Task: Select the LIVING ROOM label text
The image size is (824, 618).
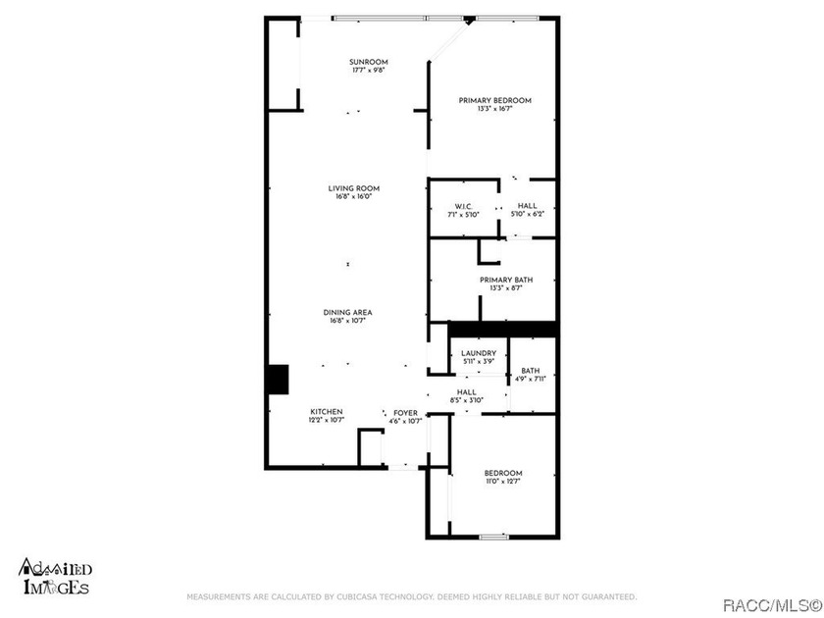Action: click(353, 187)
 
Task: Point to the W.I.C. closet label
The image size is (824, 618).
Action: click(464, 206)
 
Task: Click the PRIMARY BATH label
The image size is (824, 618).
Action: click(506, 280)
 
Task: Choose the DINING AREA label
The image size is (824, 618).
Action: click(348, 312)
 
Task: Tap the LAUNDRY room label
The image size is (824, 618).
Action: click(479, 353)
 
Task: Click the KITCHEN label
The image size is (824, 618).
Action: click(327, 412)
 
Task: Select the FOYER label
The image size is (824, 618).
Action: click(405, 413)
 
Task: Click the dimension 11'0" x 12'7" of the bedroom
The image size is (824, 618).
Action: click(503, 482)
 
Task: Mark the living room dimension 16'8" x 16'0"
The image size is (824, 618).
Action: click(353, 196)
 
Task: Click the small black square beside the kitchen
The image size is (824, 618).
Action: click(278, 380)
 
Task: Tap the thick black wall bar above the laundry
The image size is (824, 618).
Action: click(502, 329)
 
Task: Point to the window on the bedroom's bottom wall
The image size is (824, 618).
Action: click(494, 537)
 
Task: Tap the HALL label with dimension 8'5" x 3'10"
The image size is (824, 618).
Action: click(467, 392)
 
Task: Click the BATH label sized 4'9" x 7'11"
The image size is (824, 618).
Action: click(531, 371)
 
